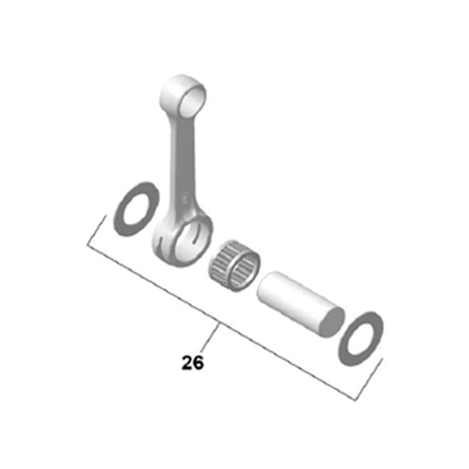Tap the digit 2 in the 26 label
[x=187, y=363]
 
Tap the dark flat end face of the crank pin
[x=331, y=322]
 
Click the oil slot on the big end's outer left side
[x=159, y=240]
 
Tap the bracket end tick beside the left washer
[x=96, y=232]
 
